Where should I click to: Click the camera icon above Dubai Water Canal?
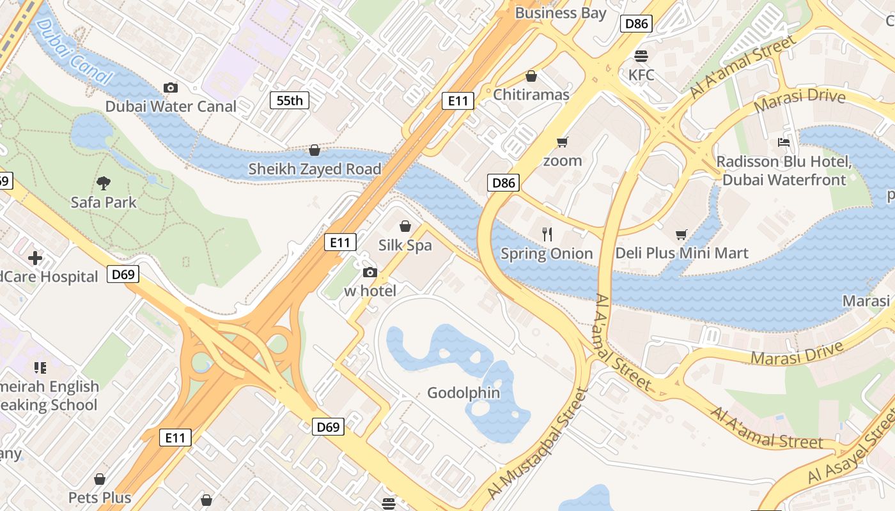171,88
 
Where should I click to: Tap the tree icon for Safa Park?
104,183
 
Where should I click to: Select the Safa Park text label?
104,202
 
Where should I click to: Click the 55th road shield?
290,100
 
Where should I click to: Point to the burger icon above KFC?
641,56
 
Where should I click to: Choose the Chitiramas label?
531,95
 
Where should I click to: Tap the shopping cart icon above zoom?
563,142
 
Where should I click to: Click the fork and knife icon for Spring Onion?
547,234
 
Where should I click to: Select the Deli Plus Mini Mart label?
681,254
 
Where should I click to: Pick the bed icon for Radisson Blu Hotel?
784,142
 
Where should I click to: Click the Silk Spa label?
405,245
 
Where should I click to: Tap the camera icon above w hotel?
370,273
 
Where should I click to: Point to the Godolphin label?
463,393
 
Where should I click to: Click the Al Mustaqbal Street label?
537,443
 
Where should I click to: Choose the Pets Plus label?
100,498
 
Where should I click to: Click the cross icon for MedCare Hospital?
35,258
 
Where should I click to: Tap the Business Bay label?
560,13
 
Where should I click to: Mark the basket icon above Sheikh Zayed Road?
315,150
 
